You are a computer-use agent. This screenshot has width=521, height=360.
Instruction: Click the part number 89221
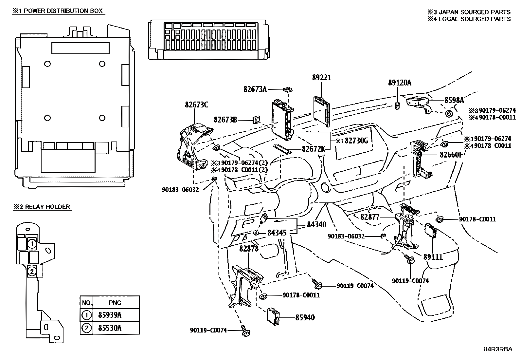[x=321, y=78]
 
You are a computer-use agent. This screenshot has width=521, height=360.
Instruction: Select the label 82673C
[x=196, y=105]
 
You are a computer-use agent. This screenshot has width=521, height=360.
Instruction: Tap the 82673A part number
[x=255, y=89]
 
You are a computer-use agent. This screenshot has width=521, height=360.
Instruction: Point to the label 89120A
[x=400, y=83]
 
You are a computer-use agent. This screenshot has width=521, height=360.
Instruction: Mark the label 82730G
[x=356, y=141]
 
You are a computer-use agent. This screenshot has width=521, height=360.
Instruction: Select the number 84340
[x=316, y=225]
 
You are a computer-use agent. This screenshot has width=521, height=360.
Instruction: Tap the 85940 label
[x=305, y=317]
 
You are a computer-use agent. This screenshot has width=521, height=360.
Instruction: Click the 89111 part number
[x=433, y=257]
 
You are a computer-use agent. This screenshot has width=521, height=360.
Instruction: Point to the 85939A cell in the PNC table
[x=110, y=315]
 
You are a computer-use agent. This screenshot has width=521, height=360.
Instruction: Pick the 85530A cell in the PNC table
[x=110, y=328]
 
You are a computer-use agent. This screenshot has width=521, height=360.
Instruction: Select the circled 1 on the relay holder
[x=31, y=244]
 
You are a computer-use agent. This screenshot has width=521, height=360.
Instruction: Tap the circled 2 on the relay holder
[x=32, y=271]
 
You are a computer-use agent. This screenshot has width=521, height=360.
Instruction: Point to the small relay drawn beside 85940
[x=274, y=317]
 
